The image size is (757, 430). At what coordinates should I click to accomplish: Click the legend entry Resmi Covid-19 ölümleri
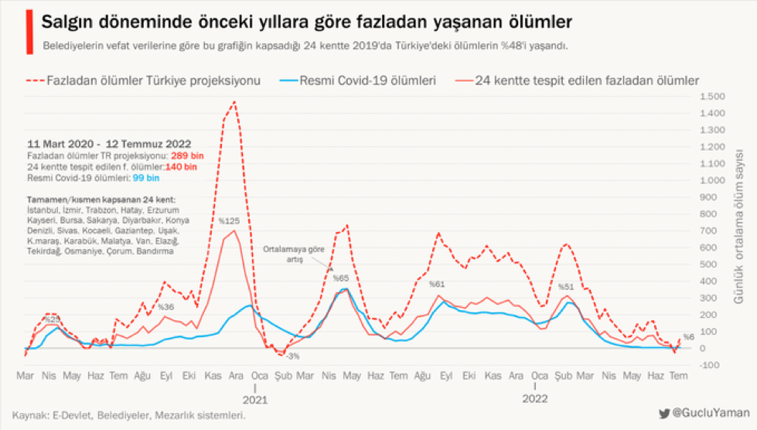click(x=367, y=80)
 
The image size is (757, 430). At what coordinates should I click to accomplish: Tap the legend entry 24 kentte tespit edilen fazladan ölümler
click(x=587, y=80)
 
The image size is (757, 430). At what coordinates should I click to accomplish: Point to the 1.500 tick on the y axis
click(x=711, y=97)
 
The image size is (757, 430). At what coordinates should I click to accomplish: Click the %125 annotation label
click(x=228, y=221)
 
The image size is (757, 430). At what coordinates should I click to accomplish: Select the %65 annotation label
click(x=341, y=278)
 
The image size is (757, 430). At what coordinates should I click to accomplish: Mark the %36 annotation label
click(x=165, y=307)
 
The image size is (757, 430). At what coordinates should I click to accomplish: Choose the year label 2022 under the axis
click(x=534, y=400)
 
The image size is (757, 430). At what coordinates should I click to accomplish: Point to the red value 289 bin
click(x=182, y=156)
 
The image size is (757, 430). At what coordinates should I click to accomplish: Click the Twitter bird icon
click(x=664, y=415)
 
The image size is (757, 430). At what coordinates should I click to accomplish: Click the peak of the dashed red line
click(x=234, y=102)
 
